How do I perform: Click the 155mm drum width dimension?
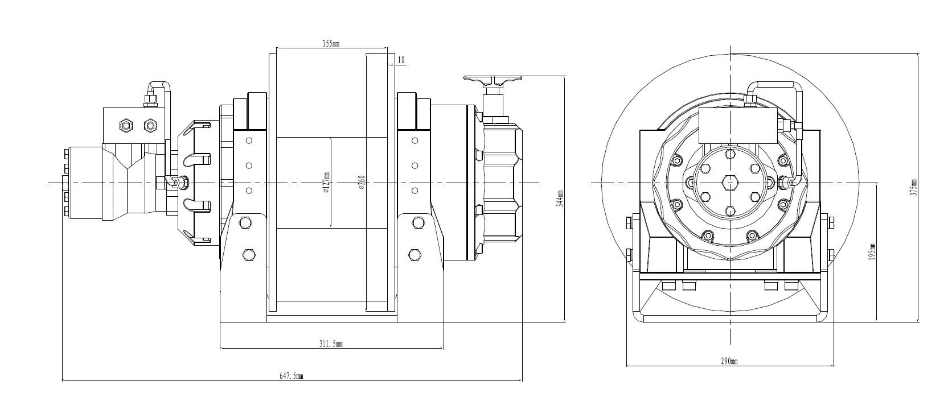click(331, 43)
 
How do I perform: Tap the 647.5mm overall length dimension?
click(292, 376)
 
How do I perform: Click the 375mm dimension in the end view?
click(913, 188)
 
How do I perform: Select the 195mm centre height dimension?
click(872, 253)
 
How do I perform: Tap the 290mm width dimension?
click(729, 361)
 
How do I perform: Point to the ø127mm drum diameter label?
click(326, 183)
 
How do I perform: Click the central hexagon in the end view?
click(730, 183)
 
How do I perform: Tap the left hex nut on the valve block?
click(125, 125)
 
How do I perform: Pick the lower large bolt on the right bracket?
click(415, 254)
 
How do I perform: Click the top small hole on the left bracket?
click(248, 140)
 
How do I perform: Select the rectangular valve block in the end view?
click(738, 126)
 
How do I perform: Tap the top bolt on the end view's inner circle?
click(730, 154)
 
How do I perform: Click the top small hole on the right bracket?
click(415, 140)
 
